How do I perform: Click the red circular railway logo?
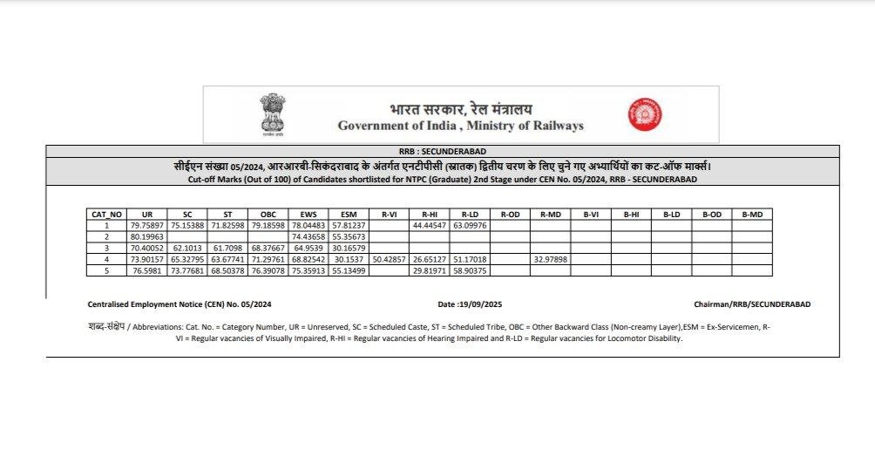(x=645, y=114)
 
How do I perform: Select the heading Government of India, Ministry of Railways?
(x=461, y=126)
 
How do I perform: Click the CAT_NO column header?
(x=106, y=214)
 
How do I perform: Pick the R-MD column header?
(x=550, y=214)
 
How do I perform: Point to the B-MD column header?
(x=751, y=214)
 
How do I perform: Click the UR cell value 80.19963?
(x=146, y=236)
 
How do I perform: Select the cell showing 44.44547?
(x=430, y=225)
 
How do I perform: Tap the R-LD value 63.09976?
(x=470, y=225)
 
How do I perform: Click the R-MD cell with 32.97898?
(x=550, y=259)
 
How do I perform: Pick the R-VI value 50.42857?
(x=389, y=259)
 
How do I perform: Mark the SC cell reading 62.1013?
(x=187, y=248)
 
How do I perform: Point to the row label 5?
(x=106, y=270)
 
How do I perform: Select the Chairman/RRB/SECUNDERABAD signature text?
(x=752, y=304)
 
